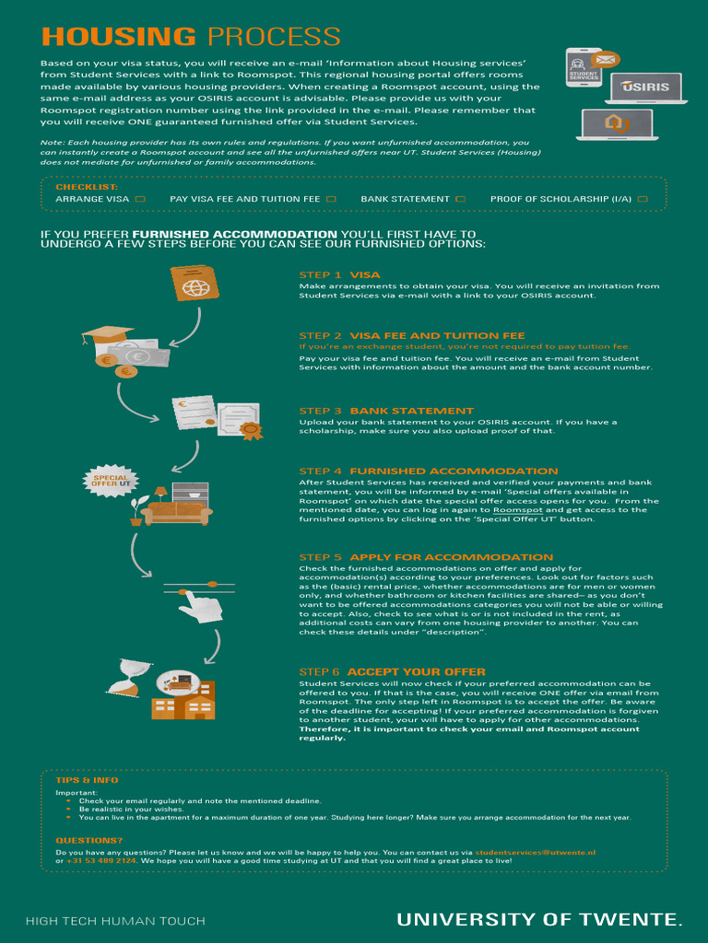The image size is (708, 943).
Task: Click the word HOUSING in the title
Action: pyautogui.click(x=119, y=37)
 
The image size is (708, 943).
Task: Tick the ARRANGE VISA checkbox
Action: pyautogui.click(x=140, y=199)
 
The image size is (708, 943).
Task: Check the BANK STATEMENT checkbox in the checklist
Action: pyautogui.click(x=461, y=199)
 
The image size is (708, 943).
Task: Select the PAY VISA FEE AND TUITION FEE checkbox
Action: pyautogui.click(x=331, y=199)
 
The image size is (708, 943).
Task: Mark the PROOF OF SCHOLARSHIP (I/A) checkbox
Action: pyautogui.click(x=643, y=199)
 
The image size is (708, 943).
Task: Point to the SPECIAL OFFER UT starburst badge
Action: pyautogui.click(x=111, y=481)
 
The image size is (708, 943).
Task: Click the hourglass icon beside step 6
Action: pyautogui.click(x=122, y=676)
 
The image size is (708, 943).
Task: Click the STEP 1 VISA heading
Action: pyautogui.click(x=339, y=274)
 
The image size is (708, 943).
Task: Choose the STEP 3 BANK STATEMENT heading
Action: pyautogui.click(x=386, y=411)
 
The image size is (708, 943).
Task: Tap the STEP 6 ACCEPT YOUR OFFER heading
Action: pyautogui.click(x=392, y=672)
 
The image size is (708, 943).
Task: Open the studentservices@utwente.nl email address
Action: pyautogui.click(x=536, y=853)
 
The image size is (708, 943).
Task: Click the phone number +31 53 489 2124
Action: pyautogui.click(x=101, y=861)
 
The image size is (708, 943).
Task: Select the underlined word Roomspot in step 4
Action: pyautogui.click(x=518, y=510)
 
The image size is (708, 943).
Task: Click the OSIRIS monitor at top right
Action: pyautogui.click(x=651, y=87)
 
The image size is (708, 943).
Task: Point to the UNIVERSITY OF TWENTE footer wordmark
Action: pyautogui.click(x=540, y=919)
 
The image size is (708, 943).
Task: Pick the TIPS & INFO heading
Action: pyautogui.click(x=87, y=780)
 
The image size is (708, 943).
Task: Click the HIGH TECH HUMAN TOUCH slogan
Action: pyautogui.click(x=115, y=921)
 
